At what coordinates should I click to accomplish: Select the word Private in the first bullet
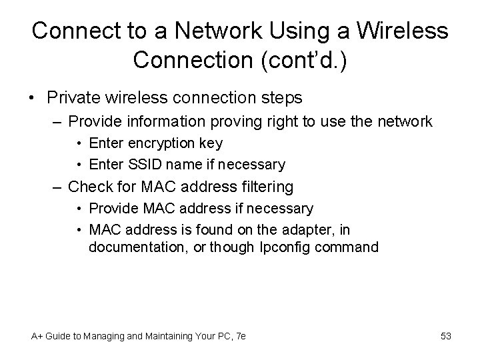click(x=75, y=97)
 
